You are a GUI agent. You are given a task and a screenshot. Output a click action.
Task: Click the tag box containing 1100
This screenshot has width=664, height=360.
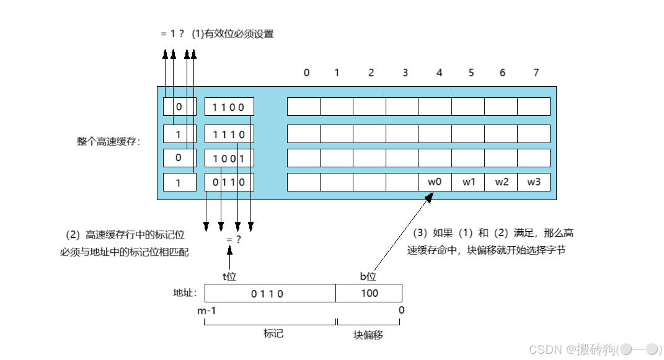point(229,107)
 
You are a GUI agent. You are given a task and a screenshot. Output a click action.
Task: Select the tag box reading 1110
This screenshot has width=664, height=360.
point(229,134)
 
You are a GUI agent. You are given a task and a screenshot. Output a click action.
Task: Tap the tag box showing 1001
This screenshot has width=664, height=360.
point(229,158)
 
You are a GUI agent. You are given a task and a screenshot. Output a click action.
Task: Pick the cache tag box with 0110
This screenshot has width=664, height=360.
point(229,182)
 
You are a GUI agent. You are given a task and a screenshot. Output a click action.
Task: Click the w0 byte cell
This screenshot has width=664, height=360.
point(435,182)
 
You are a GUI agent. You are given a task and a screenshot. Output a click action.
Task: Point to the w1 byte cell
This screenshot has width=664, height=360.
point(467,182)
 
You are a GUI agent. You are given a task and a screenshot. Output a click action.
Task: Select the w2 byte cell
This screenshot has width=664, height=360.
point(500,182)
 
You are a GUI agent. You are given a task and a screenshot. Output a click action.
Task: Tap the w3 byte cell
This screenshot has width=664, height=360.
point(533,182)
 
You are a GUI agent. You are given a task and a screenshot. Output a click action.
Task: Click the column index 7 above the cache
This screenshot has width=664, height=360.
point(536,72)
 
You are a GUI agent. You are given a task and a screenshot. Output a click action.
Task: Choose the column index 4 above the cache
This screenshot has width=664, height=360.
point(440,72)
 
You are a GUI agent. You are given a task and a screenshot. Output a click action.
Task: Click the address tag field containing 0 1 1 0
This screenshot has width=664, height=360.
point(270,293)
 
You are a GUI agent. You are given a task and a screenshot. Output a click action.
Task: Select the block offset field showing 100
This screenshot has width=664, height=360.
point(369,293)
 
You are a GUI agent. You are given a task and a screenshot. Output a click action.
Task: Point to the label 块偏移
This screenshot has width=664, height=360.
point(368,335)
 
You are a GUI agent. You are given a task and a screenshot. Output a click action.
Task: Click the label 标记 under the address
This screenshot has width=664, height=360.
point(273,333)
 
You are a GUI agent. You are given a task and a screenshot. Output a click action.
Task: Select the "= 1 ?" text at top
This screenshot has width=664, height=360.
point(172,34)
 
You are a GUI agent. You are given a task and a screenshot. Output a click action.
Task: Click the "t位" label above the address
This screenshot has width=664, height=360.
point(229,276)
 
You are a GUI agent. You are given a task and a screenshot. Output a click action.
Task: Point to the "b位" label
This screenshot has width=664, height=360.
point(368,276)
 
